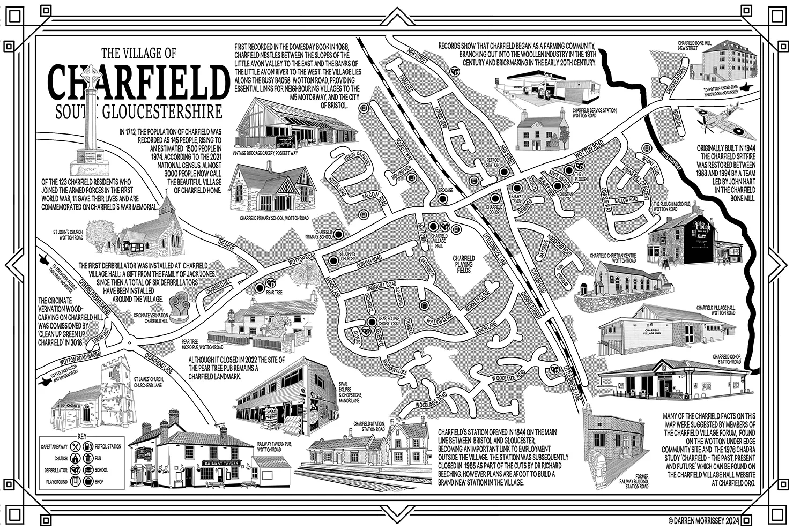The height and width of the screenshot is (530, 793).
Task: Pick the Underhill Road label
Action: point(381,284)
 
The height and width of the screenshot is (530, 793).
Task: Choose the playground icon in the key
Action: point(76,482)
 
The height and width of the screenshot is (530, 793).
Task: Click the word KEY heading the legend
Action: point(82,435)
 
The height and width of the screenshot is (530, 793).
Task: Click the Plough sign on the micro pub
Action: point(703,226)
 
